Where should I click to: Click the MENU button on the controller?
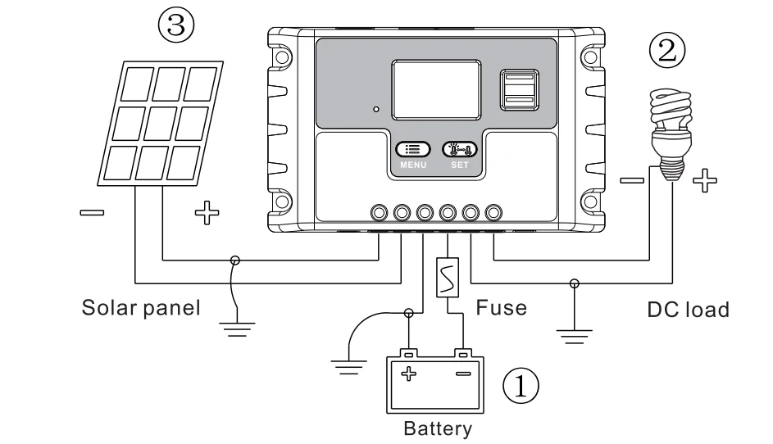pyautogui.click(x=413, y=149)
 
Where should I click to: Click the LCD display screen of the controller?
pyautogui.click(x=436, y=89)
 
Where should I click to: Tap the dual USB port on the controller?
pyautogui.click(x=520, y=89)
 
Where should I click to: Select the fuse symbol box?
pyautogui.click(x=448, y=278)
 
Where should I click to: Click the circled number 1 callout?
pyautogui.click(x=521, y=386)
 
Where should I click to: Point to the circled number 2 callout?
pyautogui.click(x=667, y=50)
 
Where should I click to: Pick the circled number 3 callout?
pyautogui.click(x=176, y=25)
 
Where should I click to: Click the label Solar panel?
pyautogui.click(x=141, y=308)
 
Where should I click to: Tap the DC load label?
pyautogui.click(x=689, y=310)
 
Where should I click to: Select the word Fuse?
pyautogui.click(x=502, y=308)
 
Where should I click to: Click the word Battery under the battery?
pyautogui.click(x=438, y=428)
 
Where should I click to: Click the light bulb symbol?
pyautogui.click(x=671, y=134)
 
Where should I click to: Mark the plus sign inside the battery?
pyautogui.click(x=409, y=374)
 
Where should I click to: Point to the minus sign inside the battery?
pyautogui.click(x=463, y=374)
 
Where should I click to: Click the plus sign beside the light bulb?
pyautogui.click(x=705, y=180)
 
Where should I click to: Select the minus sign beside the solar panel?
pyautogui.click(x=92, y=213)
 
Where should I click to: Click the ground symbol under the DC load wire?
pyautogui.click(x=575, y=337)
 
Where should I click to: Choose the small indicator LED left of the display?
pyautogui.click(x=376, y=110)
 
